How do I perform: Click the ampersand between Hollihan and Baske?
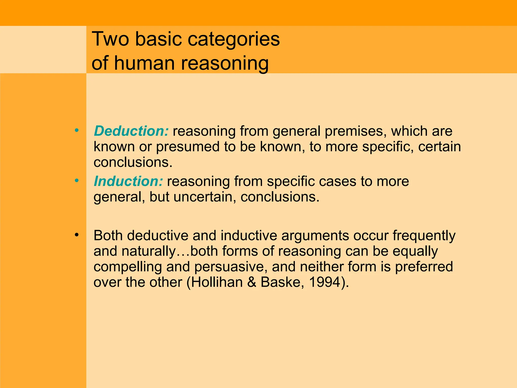(x=252, y=282)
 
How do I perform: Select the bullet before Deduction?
(x=77, y=130)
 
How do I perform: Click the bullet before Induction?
(x=77, y=181)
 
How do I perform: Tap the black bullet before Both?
(x=77, y=235)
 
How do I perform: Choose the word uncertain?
(x=205, y=197)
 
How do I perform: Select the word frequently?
(x=424, y=236)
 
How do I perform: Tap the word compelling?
(x=127, y=267)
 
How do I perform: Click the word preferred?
(x=424, y=267)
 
